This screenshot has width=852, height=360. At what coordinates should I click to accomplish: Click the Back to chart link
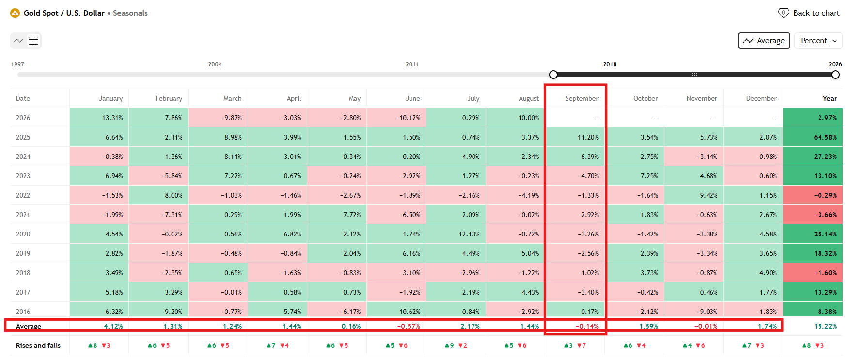pyautogui.click(x=809, y=13)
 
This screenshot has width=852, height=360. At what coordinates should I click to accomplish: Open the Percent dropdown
pyautogui.click(x=818, y=41)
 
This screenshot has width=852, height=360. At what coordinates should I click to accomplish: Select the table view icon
pyautogui.click(x=33, y=41)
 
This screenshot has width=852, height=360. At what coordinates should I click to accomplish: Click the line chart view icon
pyautogui.click(x=18, y=41)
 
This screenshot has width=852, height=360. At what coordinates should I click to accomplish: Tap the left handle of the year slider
pyautogui.click(x=553, y=75)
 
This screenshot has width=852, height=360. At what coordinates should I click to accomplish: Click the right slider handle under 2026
pyautogui.click(x=836, y=75)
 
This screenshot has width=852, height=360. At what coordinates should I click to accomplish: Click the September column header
pyautogui.click(x=582, y=98)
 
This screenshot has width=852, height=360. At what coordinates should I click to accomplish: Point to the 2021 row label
pyautogui.click(x=23, y=215)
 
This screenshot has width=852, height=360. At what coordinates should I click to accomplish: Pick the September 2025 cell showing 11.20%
pyautogui.click(x=575, y=137)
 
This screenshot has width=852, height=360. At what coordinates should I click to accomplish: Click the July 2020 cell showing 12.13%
pyautogui.click(x=456, y=234)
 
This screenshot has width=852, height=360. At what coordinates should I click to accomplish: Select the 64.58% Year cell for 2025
pyautogui.click(x=813, y=137)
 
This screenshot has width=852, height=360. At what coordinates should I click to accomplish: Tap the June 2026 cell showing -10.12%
pyautogui.click(x=396, y=118)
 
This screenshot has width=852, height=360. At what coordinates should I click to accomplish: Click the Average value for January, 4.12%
pyautogui.click(x=113, y=326)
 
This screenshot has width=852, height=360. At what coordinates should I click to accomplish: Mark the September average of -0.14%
pyautogui.click(x=587, y=326)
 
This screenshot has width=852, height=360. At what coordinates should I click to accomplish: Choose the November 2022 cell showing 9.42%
pyautogui.click(x=694, y=195)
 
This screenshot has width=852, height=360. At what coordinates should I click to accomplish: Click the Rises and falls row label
pyautogui.click(x=38, y=345)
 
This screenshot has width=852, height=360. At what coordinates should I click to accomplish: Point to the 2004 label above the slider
pyautogui.click(x=215, y=64)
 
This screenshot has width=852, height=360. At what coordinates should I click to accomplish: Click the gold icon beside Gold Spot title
pyautogui.click(x=15, y=13)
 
